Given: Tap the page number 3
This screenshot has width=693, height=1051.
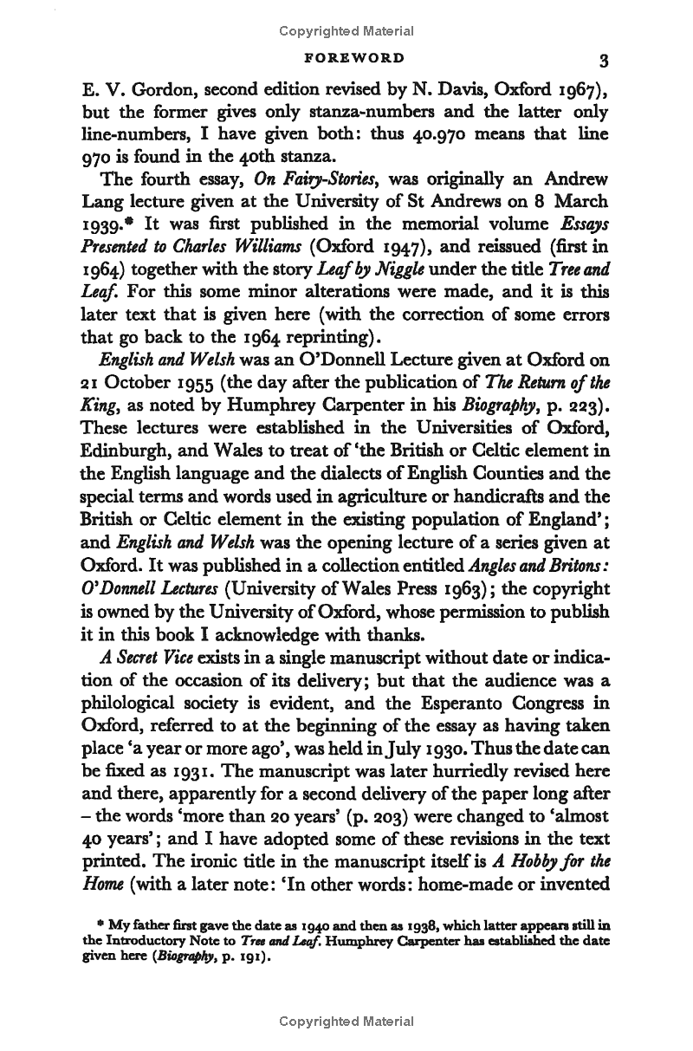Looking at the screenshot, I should pos(604,60).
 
